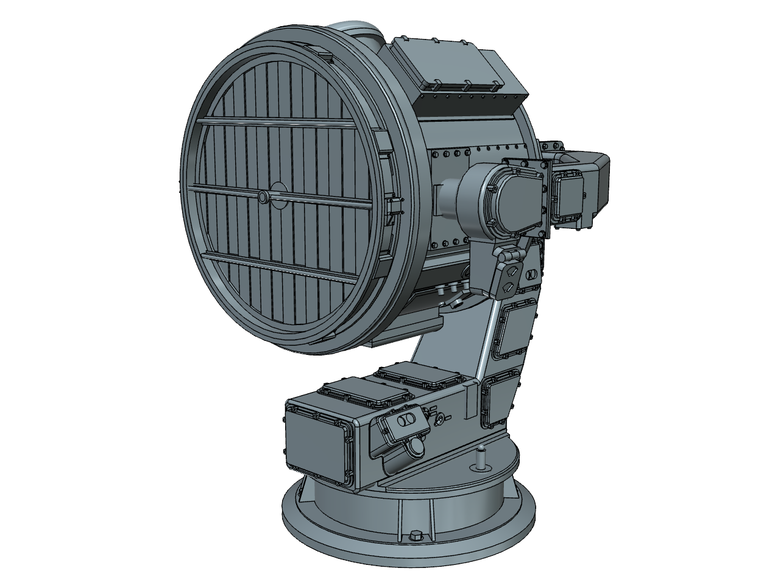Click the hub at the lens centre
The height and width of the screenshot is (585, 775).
[x=263, y=197]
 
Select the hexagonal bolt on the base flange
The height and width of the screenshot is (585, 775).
[x=417, y=536]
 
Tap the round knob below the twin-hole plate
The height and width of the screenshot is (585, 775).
[x=419, y=446]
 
